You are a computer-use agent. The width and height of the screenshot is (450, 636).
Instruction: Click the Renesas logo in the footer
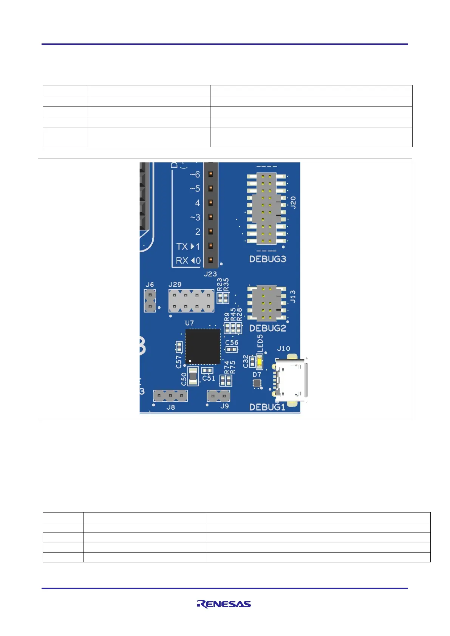224,604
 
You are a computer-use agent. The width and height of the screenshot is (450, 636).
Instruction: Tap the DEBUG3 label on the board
268,259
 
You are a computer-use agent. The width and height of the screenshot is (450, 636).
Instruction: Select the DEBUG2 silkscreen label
268,328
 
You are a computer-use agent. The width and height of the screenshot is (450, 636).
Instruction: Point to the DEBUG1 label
267,407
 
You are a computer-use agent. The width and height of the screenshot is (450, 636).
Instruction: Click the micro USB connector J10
291,380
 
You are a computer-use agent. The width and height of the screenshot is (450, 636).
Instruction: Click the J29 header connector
191,301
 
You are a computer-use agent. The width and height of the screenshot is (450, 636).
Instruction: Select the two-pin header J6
150,301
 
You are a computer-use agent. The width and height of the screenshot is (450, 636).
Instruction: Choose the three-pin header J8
170,396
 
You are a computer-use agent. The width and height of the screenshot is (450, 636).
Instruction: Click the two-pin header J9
218,396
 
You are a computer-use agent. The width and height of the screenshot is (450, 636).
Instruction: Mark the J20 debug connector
266,208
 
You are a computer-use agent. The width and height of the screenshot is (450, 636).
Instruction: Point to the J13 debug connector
266,303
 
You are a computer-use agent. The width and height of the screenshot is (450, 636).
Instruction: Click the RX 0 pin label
188,261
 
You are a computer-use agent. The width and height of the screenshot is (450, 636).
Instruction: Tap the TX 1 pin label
188,247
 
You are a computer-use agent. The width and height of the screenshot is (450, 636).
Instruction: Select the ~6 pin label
195,174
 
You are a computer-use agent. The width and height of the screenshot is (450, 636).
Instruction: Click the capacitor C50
193,376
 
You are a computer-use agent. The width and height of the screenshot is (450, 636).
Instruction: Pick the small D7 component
257,383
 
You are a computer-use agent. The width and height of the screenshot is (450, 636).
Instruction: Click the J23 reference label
210,274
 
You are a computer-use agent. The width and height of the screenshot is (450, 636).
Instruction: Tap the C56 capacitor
231,349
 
